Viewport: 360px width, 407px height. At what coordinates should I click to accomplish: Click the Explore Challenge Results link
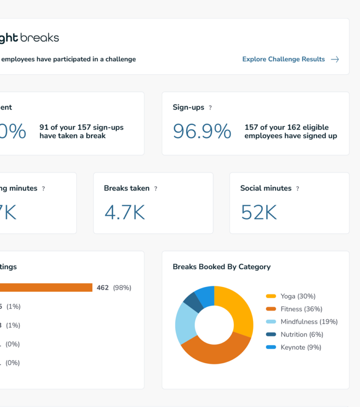(x=283, y=59)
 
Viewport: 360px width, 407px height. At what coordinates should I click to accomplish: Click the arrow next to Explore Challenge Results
(x=335, y=59)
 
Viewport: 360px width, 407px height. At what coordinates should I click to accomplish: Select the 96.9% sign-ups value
(x=202, y=132)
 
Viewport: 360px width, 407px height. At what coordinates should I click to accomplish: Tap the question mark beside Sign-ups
(x=210, y=108)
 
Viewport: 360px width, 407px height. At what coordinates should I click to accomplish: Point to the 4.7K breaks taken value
(x=124, y=212)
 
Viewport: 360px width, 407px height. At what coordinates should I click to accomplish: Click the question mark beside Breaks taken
(x=156, y=189)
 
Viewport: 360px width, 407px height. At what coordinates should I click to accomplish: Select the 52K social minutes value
(x=259, y=212)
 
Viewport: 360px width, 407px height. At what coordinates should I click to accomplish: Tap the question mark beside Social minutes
(x=297, y=189)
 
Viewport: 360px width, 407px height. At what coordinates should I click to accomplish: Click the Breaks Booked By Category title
(x=221, y=267)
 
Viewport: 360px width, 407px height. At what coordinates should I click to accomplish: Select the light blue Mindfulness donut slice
(x=185, y=323)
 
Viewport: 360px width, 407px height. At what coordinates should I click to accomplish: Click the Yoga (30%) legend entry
(x=298, y=296)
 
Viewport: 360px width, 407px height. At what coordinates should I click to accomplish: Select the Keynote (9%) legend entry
(x=300, y=348)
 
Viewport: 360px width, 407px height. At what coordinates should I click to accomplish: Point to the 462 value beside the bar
(x=102, y=288)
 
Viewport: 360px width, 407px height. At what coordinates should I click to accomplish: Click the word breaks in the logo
(x=40, y=38)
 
